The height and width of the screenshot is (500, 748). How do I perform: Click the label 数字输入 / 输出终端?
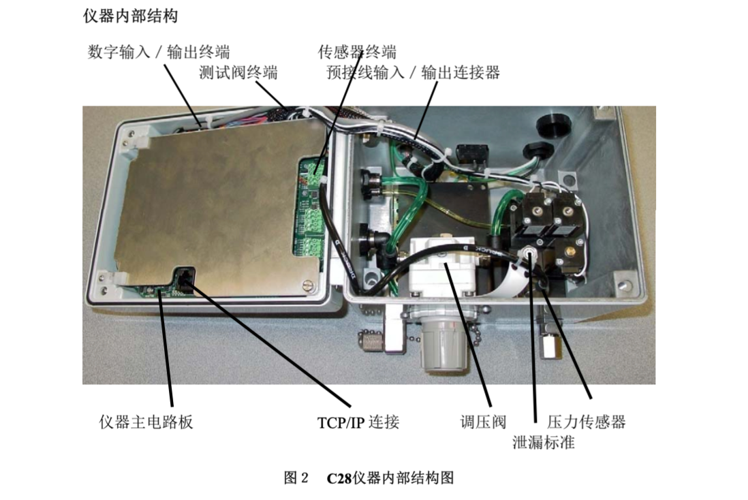pos(158,52)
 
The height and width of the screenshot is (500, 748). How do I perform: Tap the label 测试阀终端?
pos(238,73)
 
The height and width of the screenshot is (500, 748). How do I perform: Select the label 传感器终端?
pos(357,52)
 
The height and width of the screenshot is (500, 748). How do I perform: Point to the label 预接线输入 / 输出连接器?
pos(413,73)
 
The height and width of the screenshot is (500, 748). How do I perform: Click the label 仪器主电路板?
pos(146,422)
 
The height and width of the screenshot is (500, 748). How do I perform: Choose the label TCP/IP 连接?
pos(358,422)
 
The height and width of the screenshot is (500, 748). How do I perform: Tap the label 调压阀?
pos(483,422)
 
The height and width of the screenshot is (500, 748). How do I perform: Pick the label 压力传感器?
pos(587,422)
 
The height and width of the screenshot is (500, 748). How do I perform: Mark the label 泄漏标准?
pos(544,442)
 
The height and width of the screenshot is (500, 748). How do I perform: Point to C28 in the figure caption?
pos(339,478)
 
